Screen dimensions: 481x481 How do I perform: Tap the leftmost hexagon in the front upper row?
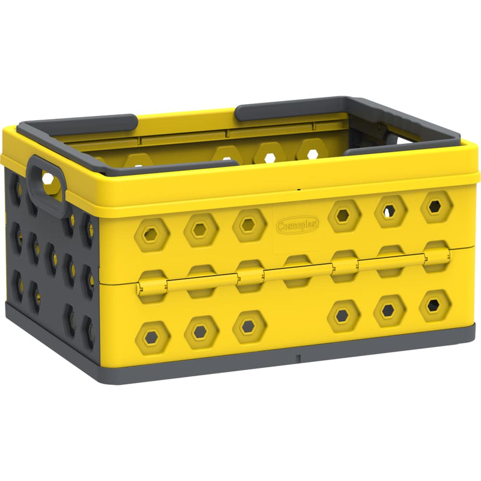(x=151, y=234)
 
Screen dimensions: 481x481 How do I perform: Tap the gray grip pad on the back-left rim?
(x=78, y=124)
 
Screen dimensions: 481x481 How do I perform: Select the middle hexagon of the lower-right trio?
(x=389, y=310)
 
